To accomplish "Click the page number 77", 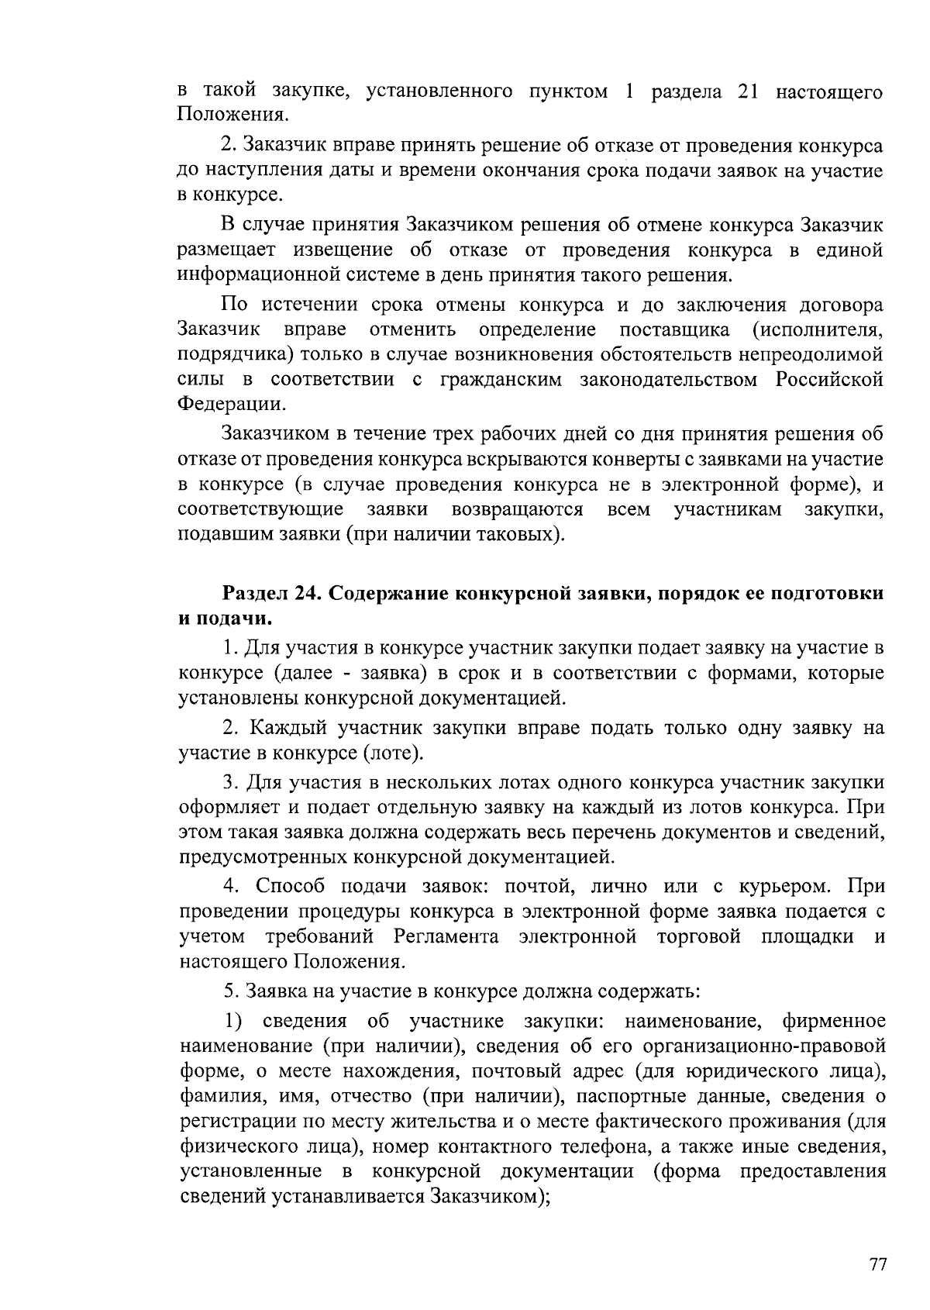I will pyautogui.click(x=877, y=1264).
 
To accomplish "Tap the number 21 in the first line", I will pyautogui.click(x=747, y=92).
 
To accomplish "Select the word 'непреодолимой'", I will pyautogui.click(x=823, y=355).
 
